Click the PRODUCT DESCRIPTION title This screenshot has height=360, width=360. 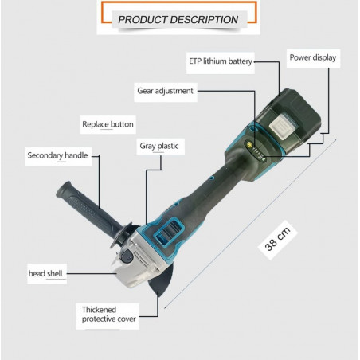pos(178,20)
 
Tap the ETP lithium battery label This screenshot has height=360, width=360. pos(221,61)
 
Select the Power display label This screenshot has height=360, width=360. pos(313,57)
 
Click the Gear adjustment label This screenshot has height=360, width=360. pos(165,91)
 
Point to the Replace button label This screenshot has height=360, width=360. pos(108,124)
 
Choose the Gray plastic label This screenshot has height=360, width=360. pos(159,146)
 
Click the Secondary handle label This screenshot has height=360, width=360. pos(57,155)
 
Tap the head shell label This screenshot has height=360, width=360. pos(45,273)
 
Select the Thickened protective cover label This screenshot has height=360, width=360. pos(108,315)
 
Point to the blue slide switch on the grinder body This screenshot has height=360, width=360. pos(169,232)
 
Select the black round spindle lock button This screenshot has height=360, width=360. pos(127,256)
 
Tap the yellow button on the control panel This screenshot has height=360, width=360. pos(249,144)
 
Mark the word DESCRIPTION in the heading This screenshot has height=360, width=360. pos(204,20)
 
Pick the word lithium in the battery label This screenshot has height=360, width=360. pos(215,61)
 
